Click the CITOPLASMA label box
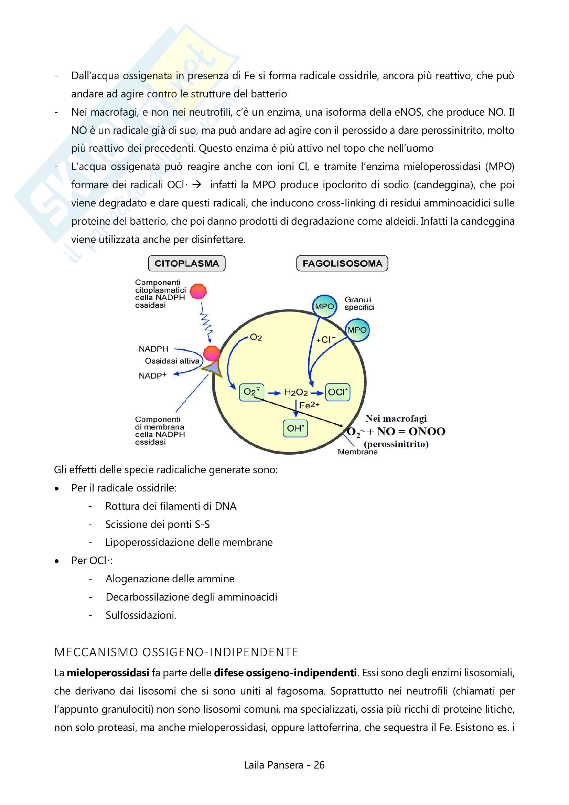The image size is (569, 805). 186,263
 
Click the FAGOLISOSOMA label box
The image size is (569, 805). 342,263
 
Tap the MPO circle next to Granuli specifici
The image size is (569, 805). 324,306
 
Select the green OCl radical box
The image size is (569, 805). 337,392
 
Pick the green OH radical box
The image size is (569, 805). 295,428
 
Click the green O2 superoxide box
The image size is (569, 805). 251,392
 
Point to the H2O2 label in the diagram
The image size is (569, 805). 296,392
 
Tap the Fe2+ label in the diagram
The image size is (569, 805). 309,405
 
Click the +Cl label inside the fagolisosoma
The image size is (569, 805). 325,339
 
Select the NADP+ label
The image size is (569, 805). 152,375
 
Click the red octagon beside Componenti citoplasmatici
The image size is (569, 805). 198,292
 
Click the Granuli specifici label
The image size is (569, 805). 359,303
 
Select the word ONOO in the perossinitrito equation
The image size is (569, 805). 426,431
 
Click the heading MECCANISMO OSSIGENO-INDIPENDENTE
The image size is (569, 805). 176,652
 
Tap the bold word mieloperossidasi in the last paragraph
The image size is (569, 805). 108,673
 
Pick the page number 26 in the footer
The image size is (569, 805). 319,765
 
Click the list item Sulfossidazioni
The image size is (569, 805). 141,615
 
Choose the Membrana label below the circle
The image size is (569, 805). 357,452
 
